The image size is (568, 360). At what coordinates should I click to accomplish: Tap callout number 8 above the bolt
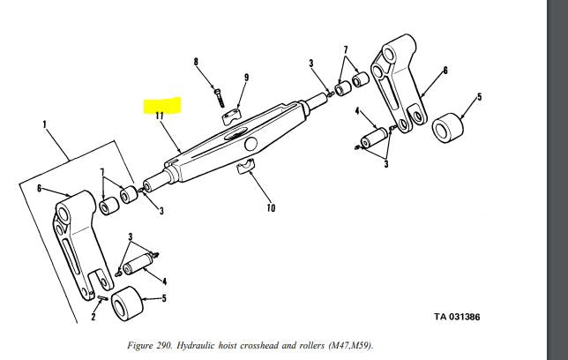[198, 62]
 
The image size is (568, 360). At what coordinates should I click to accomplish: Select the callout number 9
[246, 78]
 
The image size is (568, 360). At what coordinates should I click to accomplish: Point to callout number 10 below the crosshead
[271, 208]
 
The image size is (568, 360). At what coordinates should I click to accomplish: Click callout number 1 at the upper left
[44, 124]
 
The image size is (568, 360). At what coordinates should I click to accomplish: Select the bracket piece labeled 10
[248, 166]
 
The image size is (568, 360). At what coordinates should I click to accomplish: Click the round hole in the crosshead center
[251, 143]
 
